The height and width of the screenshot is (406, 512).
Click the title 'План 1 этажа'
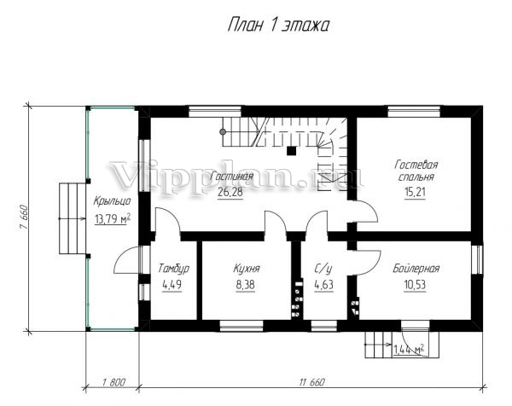[x=278, y=25]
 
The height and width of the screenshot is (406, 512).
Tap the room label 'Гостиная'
[x=231, y=177]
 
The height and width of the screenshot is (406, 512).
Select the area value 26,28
[x=230, y=192]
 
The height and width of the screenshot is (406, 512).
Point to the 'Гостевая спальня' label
[x=416, y=171]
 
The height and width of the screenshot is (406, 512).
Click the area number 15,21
[x=416, y=192]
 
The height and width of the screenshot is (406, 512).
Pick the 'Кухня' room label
[x=247, y=269]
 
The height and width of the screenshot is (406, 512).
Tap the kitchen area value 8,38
[x=245, y=285]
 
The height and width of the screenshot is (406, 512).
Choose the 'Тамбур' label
[x=173, y=269]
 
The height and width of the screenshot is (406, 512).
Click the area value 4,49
[x=172, y=285]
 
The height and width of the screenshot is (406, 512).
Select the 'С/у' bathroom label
[x=323, y=269]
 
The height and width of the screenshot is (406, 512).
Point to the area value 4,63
[x=323, y=285]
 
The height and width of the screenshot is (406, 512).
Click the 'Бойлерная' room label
[x=416, y=269]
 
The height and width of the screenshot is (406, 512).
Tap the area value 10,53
[x=415, y=285]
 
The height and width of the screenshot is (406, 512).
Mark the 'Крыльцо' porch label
[x=112, y=201]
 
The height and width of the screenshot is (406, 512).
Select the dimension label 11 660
[x=311, y=381]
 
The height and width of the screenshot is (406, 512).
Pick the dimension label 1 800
[x=113, y=381]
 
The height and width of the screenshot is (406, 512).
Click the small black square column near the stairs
[x=291, y=151]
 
